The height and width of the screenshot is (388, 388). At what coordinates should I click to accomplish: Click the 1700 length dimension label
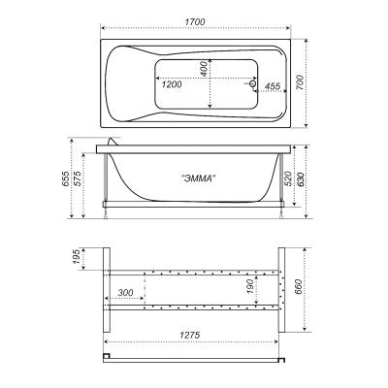tap(195, 22)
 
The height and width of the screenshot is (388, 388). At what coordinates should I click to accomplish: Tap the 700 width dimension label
tap(300, 82)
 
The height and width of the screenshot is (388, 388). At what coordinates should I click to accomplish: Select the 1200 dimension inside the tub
tap(172, 84)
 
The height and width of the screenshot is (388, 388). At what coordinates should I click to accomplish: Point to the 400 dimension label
tap(204, 69)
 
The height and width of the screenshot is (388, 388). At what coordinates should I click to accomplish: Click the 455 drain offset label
tap(273, 86)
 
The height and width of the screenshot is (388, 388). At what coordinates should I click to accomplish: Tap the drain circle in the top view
tap(253, 84)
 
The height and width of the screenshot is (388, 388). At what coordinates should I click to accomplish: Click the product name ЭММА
tap(198, 178)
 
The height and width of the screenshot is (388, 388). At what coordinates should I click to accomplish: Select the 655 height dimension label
tap(65, 178)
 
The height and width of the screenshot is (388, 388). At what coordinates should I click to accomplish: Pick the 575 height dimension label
tap(78, 178)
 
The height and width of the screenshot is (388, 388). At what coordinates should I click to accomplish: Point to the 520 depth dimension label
tap(289, 178)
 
